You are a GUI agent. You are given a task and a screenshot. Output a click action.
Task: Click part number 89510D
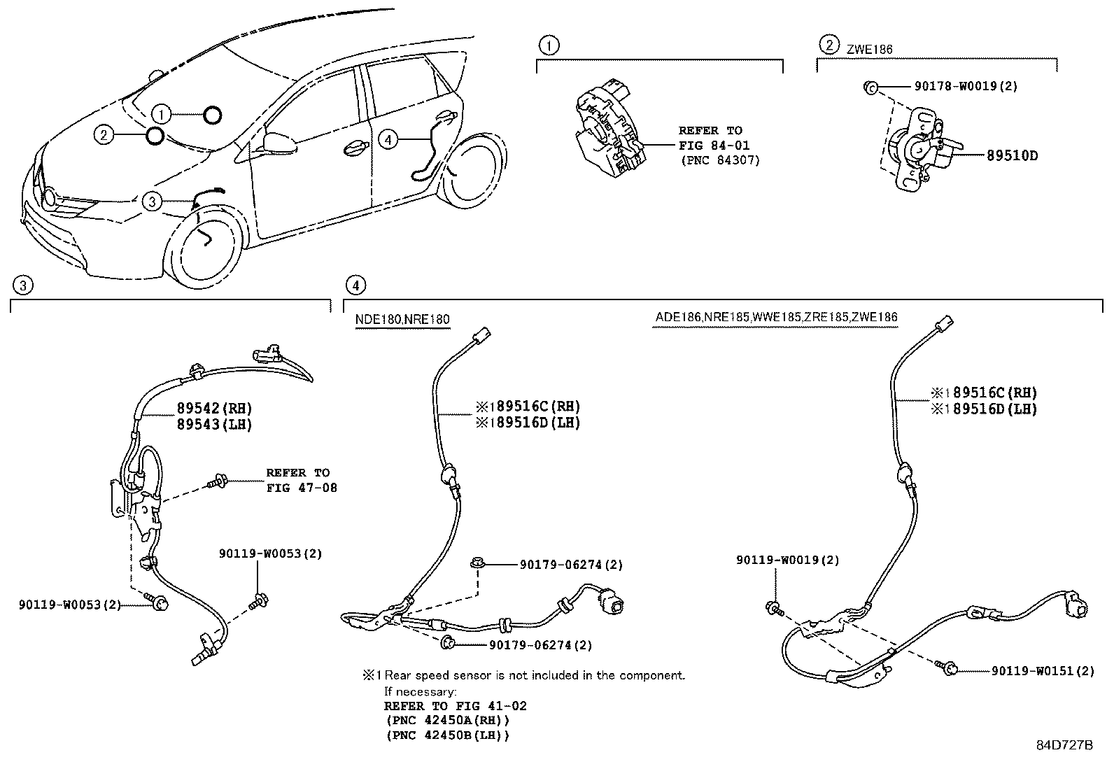point(1011,155)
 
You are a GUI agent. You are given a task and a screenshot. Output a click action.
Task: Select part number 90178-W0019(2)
point(966,86)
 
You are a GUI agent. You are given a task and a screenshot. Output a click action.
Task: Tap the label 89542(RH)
point(214,408)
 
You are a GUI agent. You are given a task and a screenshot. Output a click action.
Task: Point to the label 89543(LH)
point(214,424)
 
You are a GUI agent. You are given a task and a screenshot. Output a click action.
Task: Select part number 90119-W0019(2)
point(787,560)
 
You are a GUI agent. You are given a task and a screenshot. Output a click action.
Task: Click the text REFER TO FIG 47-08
point(302,480)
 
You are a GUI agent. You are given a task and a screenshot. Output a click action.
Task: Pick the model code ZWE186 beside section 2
point(869,50)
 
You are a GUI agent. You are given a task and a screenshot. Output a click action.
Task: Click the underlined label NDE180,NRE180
point(402,320)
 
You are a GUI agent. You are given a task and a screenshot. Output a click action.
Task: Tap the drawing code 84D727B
point(1064,745)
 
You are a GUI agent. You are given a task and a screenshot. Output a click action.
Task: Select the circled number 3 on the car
point(152,202)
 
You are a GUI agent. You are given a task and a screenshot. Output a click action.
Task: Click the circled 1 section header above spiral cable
point(549,46)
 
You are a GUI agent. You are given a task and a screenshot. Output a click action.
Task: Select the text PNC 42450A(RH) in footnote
point(447,720)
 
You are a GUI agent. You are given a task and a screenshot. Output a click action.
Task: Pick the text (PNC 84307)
point(719,160)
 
